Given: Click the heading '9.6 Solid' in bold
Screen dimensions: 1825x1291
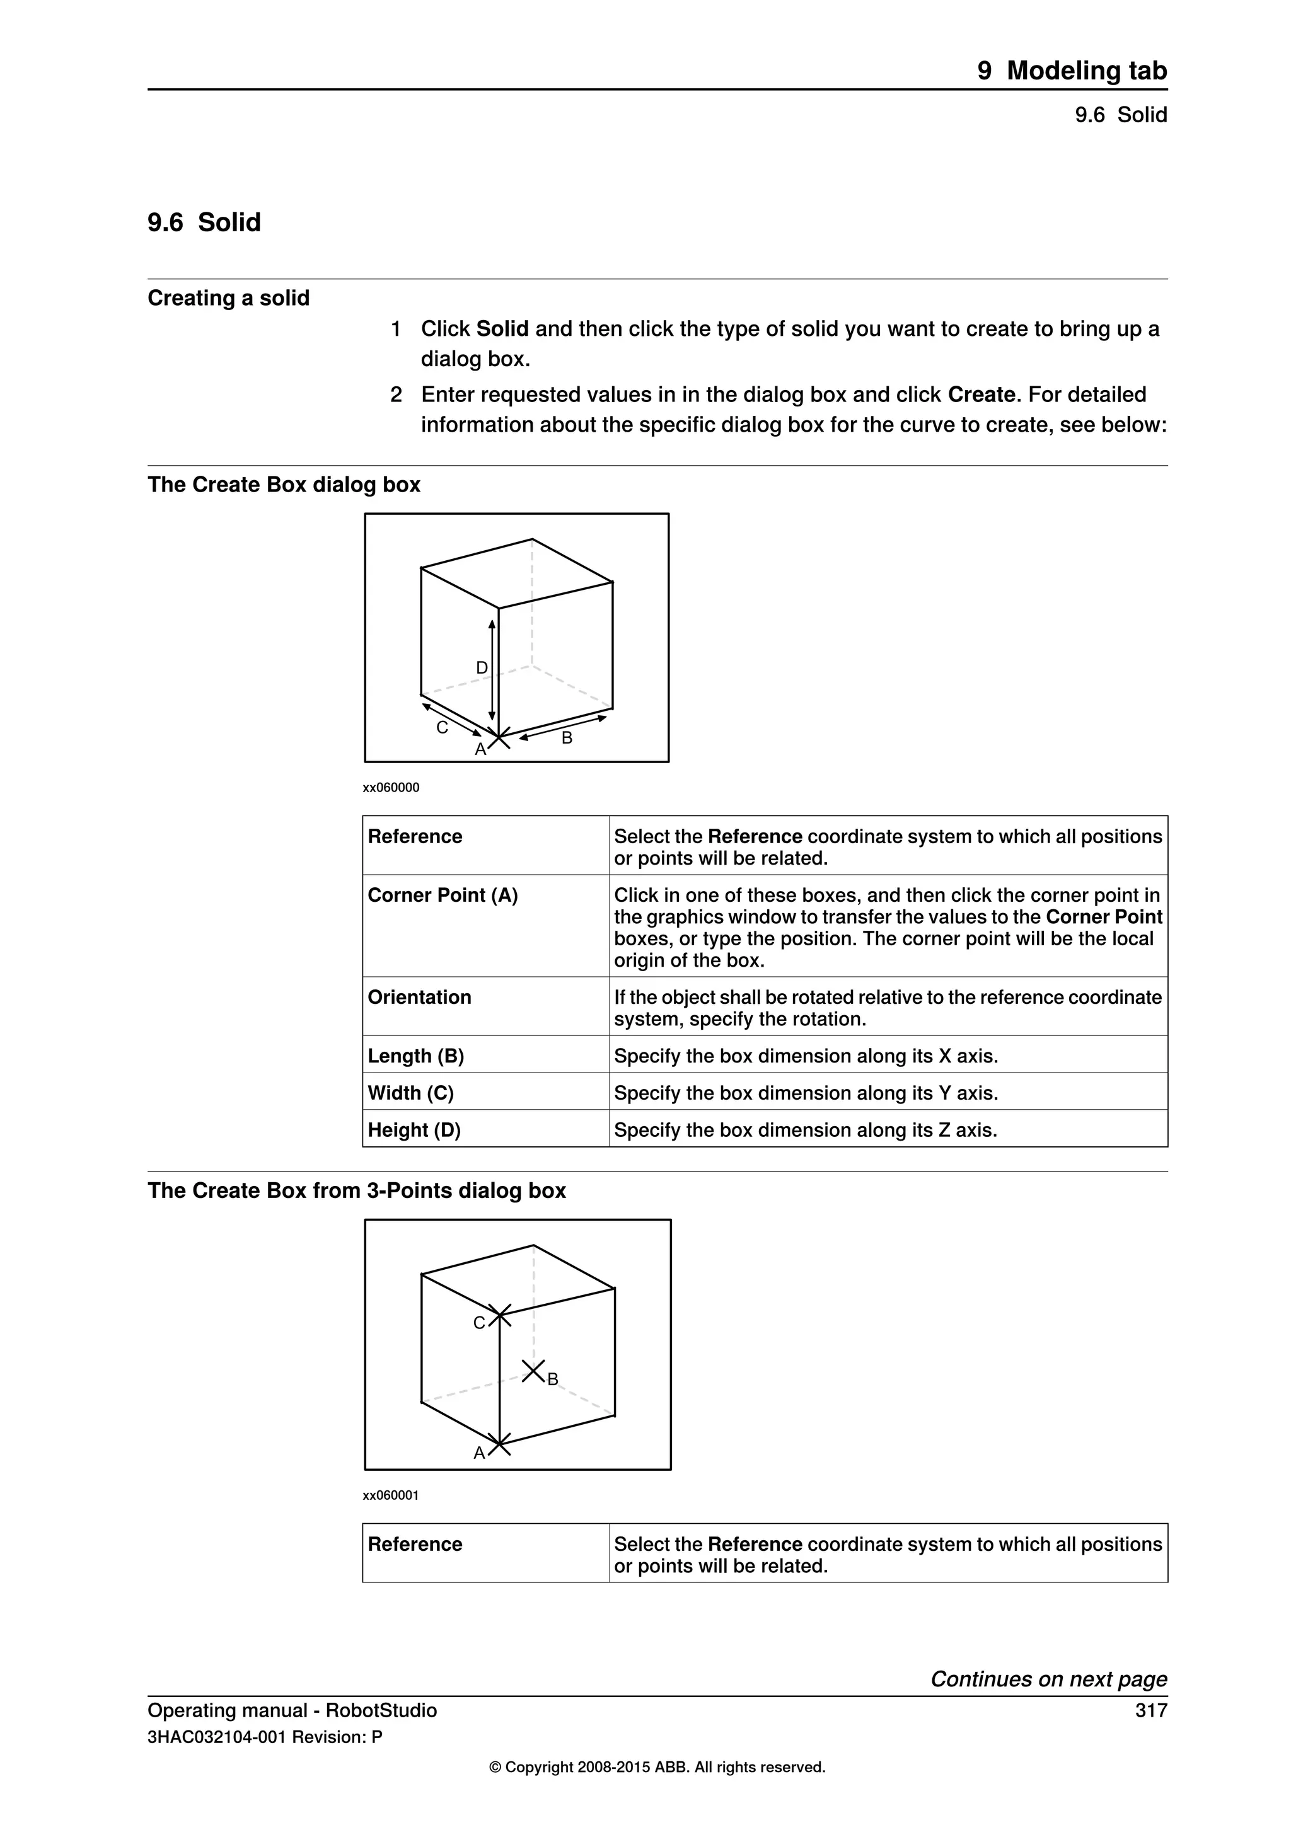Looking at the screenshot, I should point(204,222).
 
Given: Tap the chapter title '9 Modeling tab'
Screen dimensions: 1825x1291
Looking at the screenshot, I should point(1072,71).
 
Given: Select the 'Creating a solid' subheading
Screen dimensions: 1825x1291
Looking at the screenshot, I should point(229,298).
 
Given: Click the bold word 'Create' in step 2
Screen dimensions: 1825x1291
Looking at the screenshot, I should point(981,395).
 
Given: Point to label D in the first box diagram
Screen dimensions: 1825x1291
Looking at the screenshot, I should point(482,668).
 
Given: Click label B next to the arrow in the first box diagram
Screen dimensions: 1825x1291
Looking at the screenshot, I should point(567,738).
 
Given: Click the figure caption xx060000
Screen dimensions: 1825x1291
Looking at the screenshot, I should point(391,788).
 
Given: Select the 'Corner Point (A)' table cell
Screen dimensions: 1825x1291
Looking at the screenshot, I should point(443,896).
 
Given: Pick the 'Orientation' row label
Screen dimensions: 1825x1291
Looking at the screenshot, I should point(420,998).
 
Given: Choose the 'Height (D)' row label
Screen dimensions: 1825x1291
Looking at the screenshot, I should point(414,1131).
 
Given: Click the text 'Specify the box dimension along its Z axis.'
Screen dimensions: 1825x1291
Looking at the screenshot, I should point(805,1131).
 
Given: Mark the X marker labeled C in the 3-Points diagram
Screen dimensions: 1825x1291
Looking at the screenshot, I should point(499,1315).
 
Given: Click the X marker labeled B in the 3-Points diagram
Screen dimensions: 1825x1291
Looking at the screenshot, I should point(533,1371).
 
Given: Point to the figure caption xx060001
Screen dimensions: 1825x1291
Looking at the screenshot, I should point(391,1495).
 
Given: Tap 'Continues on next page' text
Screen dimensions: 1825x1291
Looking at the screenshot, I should point(1048,1679).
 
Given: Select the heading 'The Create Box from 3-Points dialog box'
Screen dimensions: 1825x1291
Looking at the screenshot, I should point(357,1190).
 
